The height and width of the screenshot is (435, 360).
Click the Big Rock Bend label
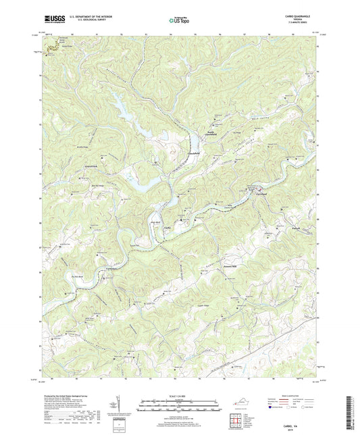click(76, 276)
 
